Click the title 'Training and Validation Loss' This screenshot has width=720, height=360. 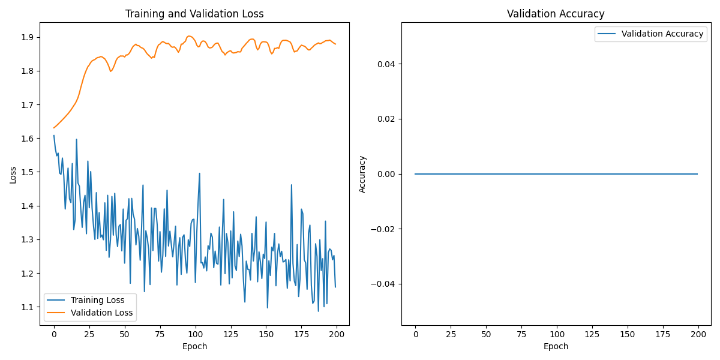[x=194, y=14]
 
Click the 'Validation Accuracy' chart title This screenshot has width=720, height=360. [x=556, y=14]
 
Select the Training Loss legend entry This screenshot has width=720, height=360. [x=97, y=300]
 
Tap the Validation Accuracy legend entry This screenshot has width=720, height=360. [x=662, y=34]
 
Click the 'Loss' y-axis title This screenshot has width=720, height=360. [x=13, y=174]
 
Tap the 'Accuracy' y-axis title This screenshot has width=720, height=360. [x=362, y=174]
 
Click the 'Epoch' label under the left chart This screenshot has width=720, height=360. [x=194, y=346]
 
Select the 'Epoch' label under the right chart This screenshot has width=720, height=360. [x=556, y=346]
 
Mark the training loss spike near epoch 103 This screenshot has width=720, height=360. [x=199, y=173]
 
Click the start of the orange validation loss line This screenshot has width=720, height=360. [x=54, y=128]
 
